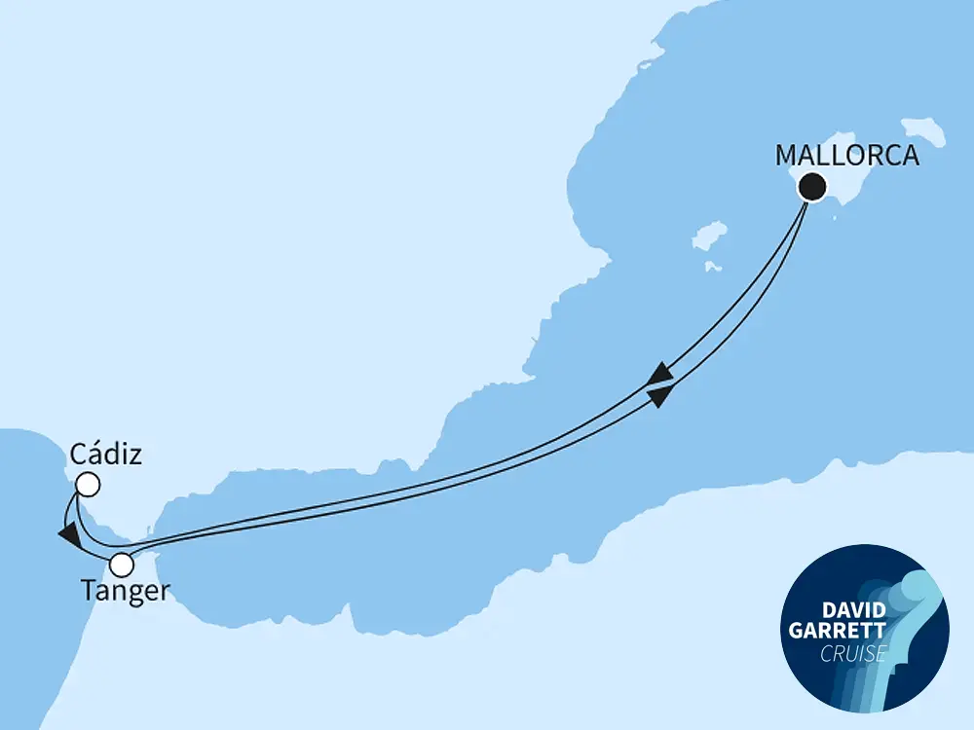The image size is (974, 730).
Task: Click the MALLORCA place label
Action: point(846,156)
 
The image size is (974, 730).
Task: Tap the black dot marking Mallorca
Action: point(811,187)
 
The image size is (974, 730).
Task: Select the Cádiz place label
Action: point(106,455)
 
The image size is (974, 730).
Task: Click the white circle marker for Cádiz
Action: point(88,484)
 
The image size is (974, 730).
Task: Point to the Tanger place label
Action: point(126,593)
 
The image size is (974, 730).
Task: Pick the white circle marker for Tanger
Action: point(122,564)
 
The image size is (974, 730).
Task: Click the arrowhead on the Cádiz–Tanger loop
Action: point(68,534)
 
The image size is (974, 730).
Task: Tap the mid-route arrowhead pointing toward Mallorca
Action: point(659,394)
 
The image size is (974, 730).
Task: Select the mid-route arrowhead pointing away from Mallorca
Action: point(659,374)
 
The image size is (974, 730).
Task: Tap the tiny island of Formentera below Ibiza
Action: point(712,265)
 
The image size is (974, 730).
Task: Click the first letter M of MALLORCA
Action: point(785,156)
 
